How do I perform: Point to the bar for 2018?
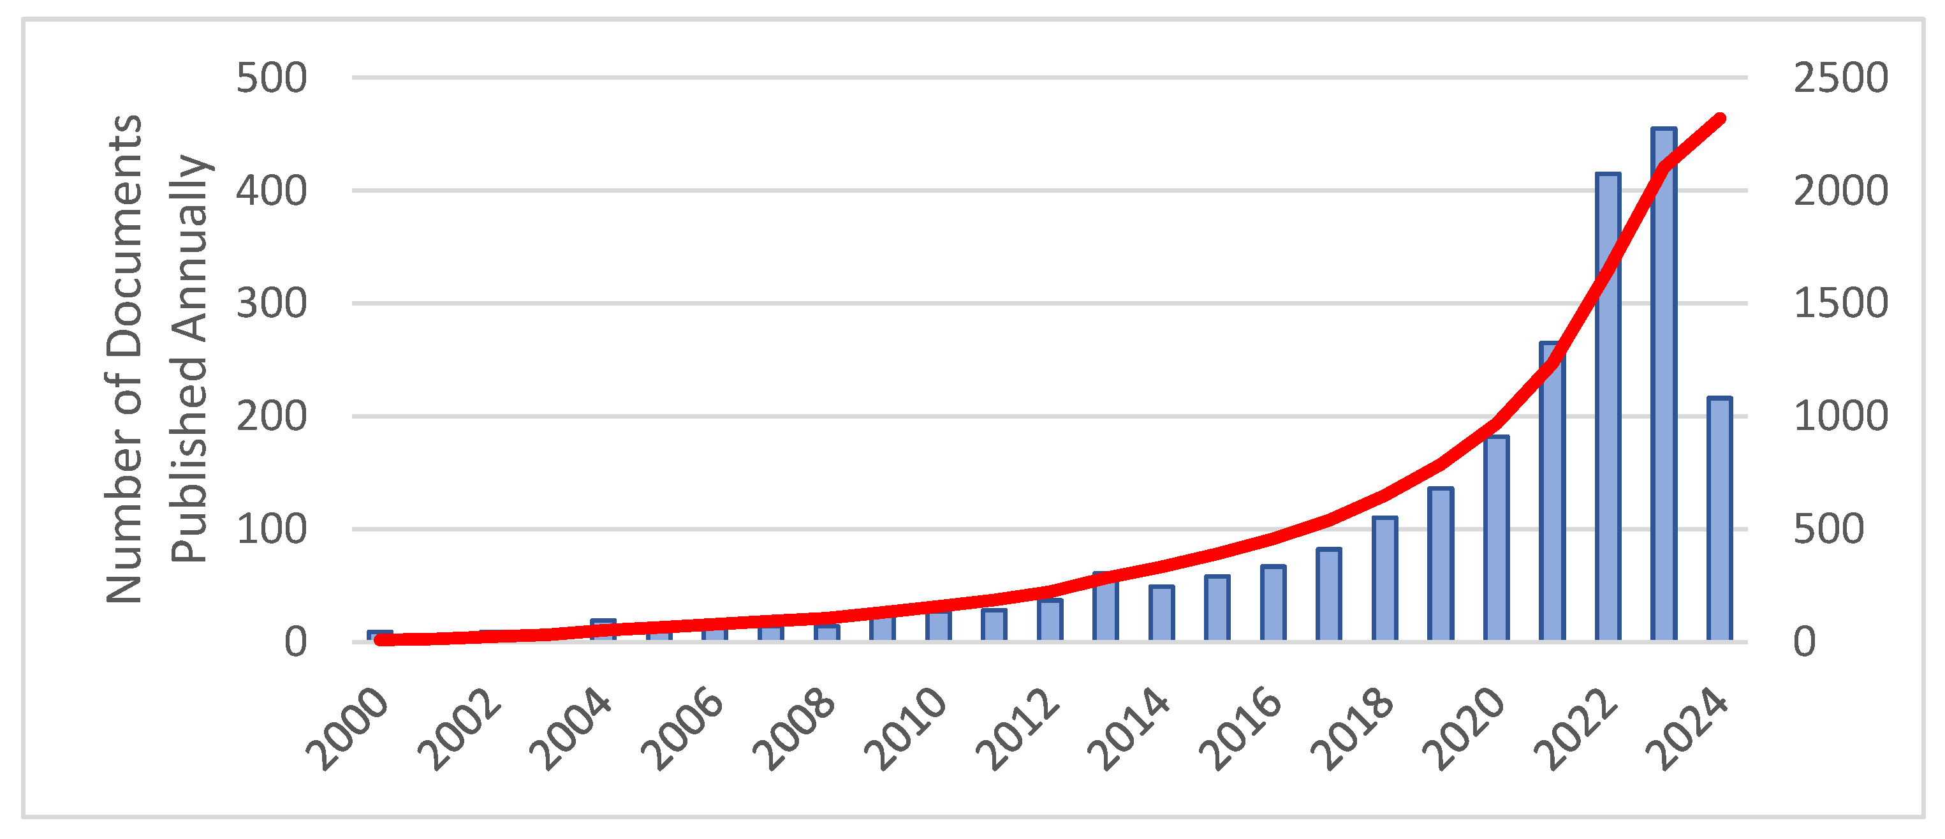point(1384,579)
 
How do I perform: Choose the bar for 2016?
point(1273,604)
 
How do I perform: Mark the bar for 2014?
point(1161,613)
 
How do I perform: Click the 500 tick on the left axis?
point(271,78)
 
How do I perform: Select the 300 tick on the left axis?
point(271,304)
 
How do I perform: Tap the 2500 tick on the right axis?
point(1840,78)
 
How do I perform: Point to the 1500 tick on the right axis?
point(1840,304)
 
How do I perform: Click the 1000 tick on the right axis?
point(1840,416)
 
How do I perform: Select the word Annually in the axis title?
point(189,249)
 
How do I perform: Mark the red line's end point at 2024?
point(1720,119)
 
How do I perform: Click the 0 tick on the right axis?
point(1805,642)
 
